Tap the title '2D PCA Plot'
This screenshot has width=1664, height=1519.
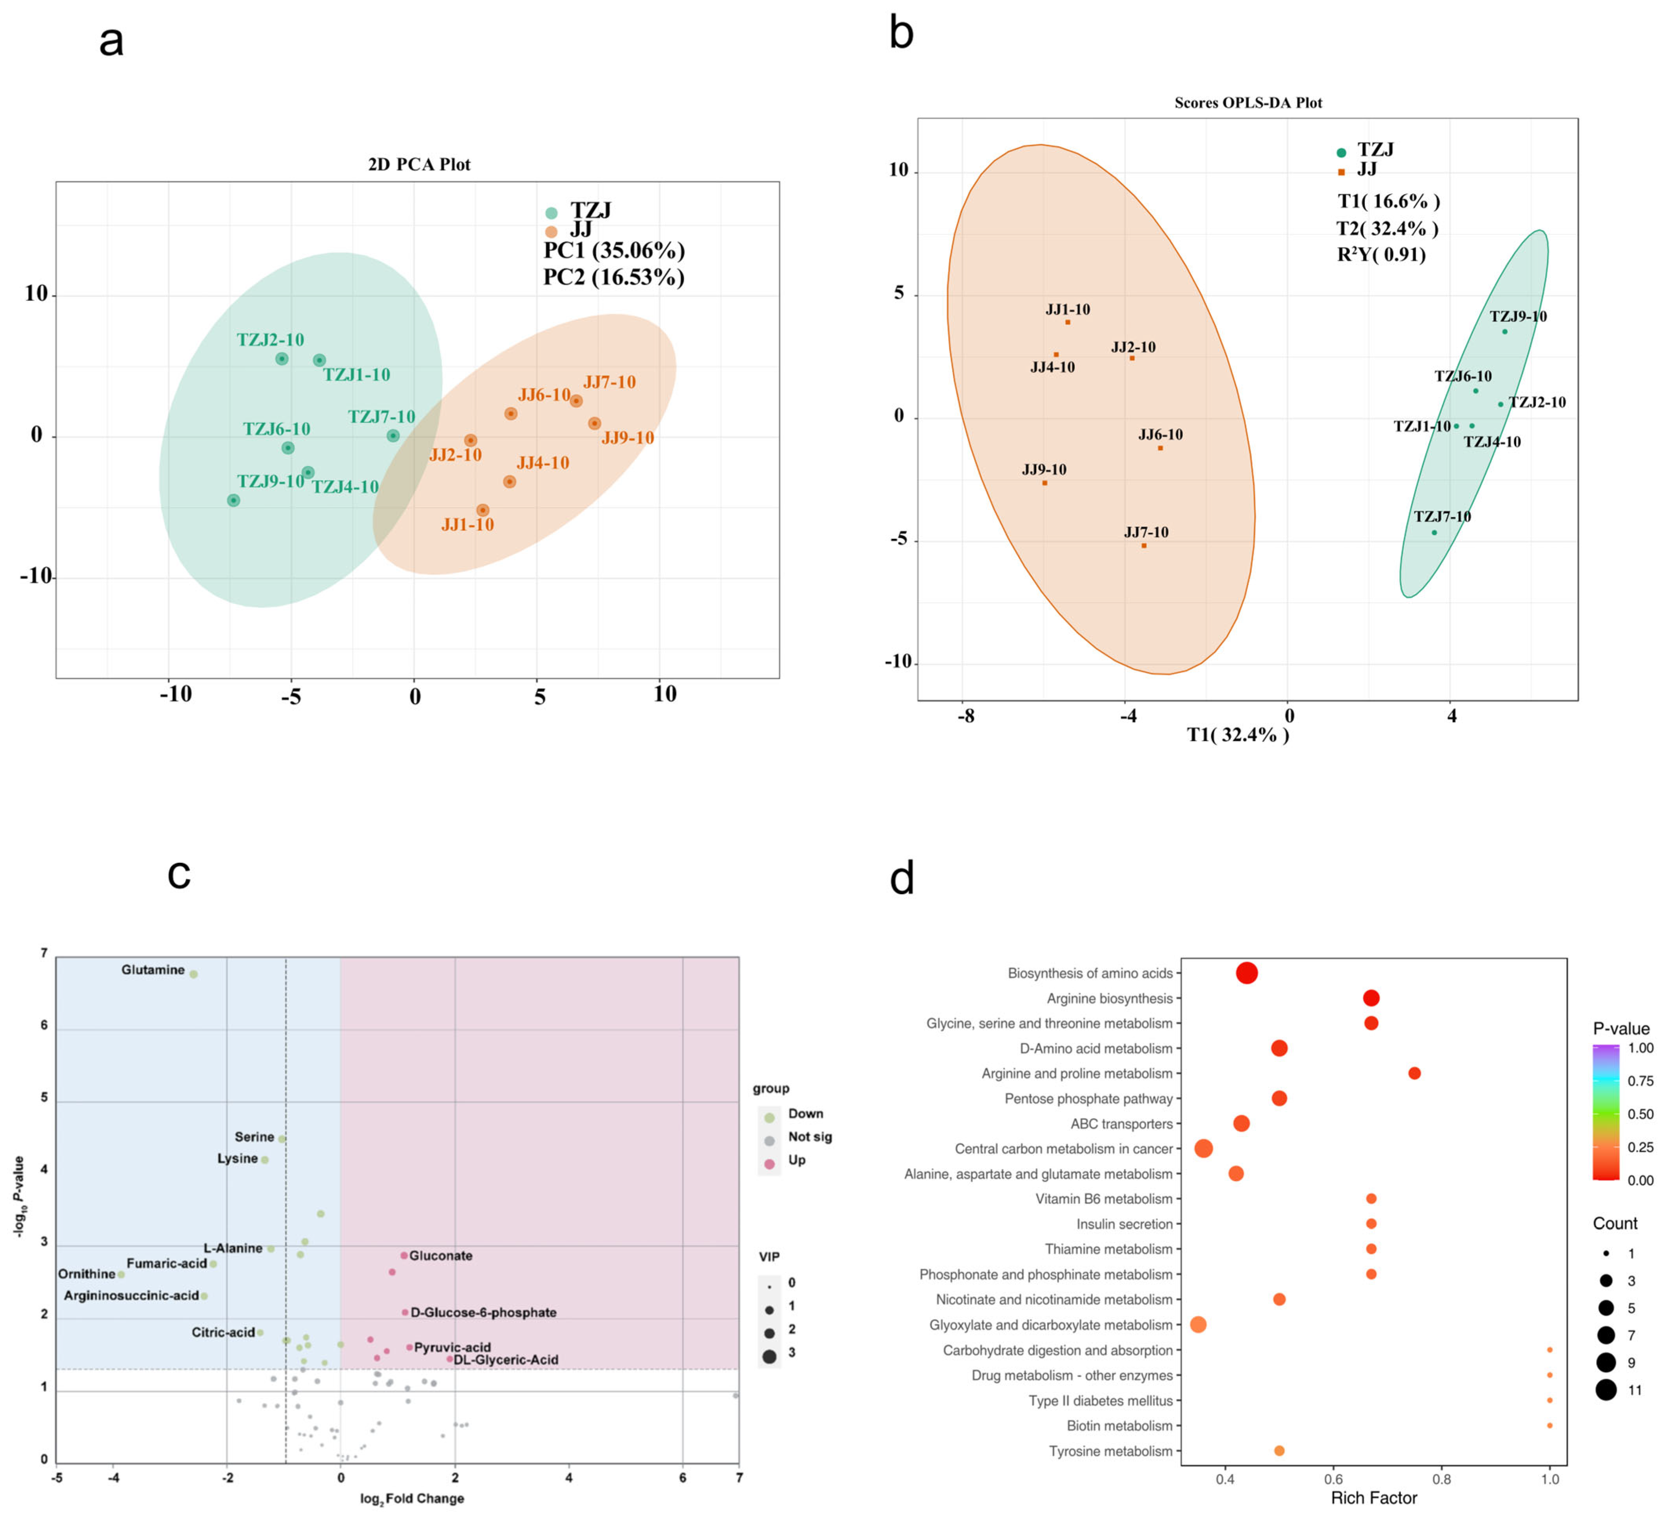(x=419, y=164)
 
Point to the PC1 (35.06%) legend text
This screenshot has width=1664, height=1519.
(x=614, y=250)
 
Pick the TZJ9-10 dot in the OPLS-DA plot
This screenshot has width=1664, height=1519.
(x=1505, y=332)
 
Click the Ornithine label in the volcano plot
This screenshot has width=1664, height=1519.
(x=87, y=1274)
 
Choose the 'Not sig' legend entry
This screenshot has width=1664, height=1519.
(x=810, y=1137)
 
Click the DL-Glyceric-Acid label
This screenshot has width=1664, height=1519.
(x=506, y=1360)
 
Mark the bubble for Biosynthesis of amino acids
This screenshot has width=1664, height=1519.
(x=1247, y=973)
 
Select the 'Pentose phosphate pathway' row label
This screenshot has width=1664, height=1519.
(x=1089, y=1099)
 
